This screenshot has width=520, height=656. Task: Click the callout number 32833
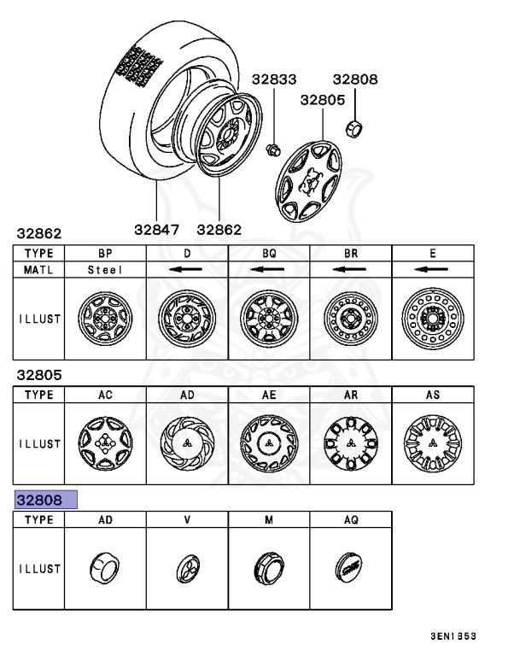(273, 79)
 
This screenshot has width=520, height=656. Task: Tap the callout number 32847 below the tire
(158, 229)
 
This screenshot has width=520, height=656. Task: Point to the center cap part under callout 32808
(352, 128)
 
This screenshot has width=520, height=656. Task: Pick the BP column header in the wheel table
(105, 254)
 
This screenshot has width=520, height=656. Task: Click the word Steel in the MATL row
(105, 270)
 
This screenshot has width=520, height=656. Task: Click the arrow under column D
(187, 270)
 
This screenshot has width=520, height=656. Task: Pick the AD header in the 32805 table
(187, 395)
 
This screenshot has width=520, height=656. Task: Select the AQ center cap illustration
(350, 567)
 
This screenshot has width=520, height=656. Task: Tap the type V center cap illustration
(187, 567)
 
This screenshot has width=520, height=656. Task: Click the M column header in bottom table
(269, 519)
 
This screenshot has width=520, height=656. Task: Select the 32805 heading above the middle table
(40, 374)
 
